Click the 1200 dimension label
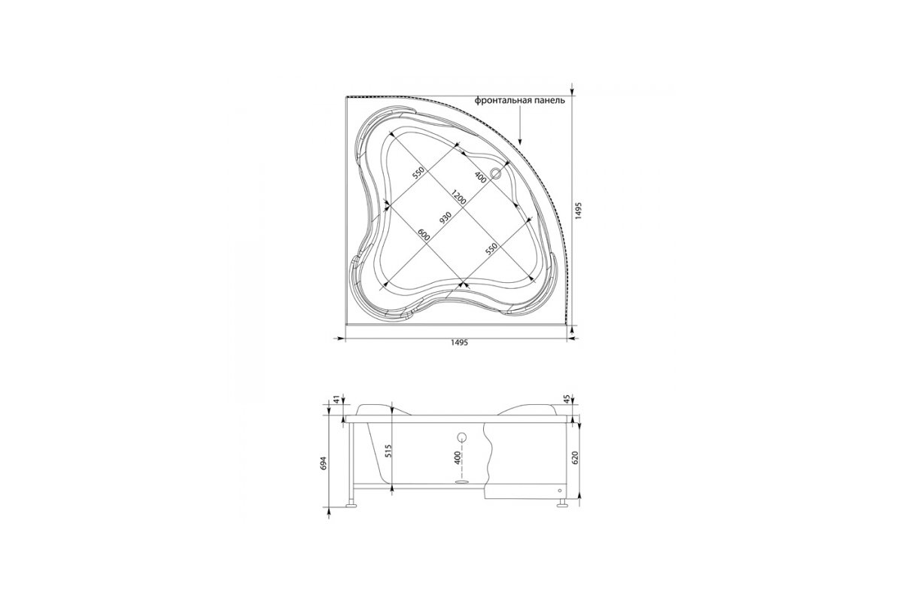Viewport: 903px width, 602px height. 459,196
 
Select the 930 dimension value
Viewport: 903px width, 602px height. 445,217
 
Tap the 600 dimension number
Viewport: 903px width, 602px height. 423,235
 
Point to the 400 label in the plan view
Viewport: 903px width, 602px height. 480,178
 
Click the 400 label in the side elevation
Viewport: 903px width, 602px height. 458,458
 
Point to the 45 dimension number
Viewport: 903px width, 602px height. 567,399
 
